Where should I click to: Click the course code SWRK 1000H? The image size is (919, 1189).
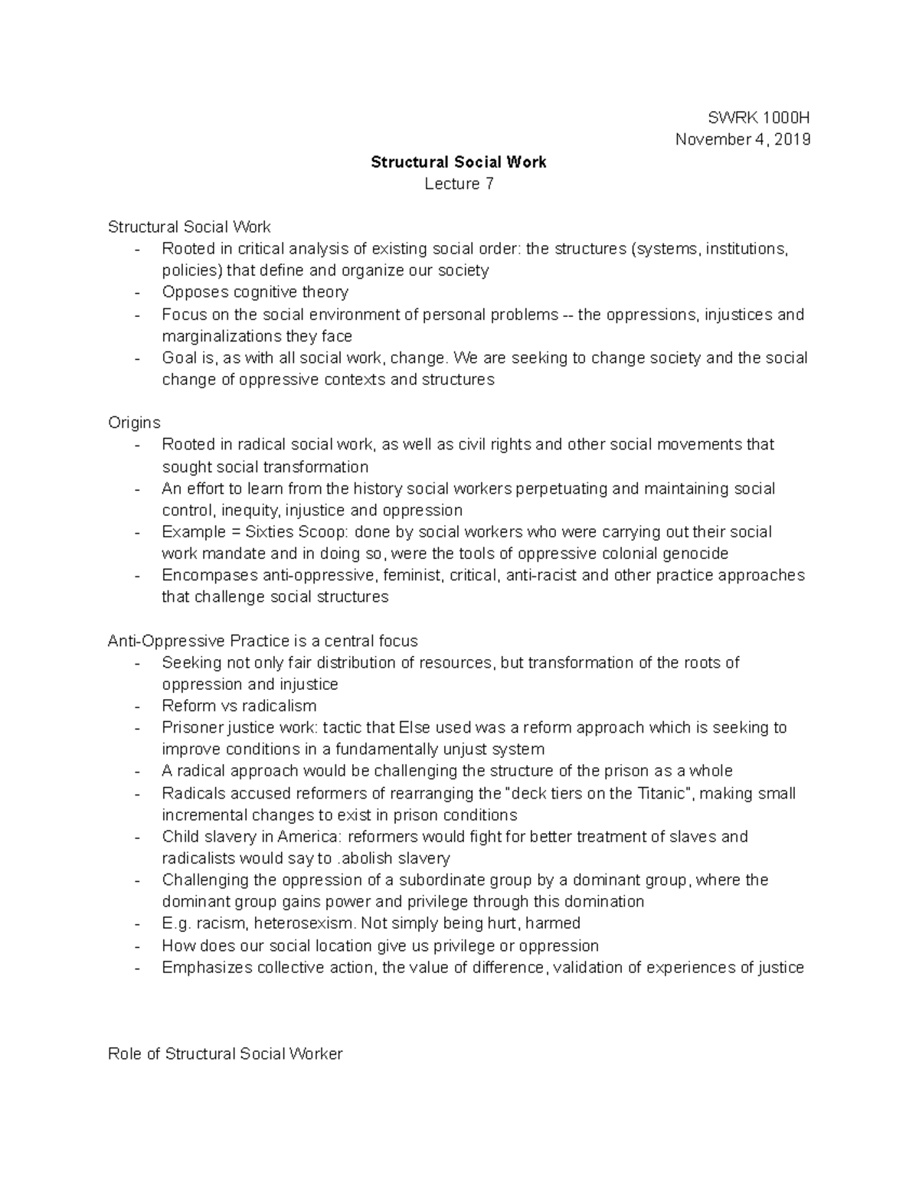759,118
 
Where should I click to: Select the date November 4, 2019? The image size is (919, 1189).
741,139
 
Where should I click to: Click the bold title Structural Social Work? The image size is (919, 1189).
459,162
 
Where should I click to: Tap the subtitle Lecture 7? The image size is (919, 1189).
459,184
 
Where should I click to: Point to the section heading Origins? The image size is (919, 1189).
134,423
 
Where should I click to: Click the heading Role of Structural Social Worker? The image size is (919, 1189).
225,1053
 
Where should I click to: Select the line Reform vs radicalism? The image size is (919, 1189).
239,706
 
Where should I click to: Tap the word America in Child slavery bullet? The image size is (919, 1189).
309,837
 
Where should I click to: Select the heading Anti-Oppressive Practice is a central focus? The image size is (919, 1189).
263,641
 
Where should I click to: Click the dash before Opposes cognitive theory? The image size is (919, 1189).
136,293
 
